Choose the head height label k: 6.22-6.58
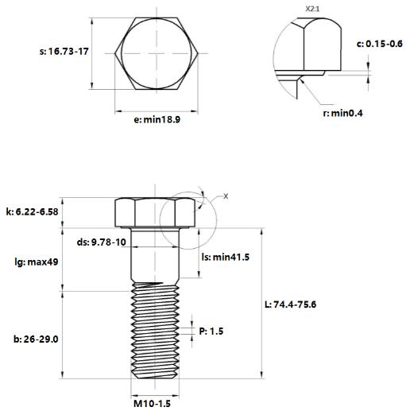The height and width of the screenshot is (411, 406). (32, 211)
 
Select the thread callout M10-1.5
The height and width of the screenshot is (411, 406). (152, 403)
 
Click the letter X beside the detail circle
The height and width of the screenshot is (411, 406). (225, 196)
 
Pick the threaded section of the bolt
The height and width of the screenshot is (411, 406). (153, 332)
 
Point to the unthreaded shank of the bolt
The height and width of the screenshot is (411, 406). (153, 256)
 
